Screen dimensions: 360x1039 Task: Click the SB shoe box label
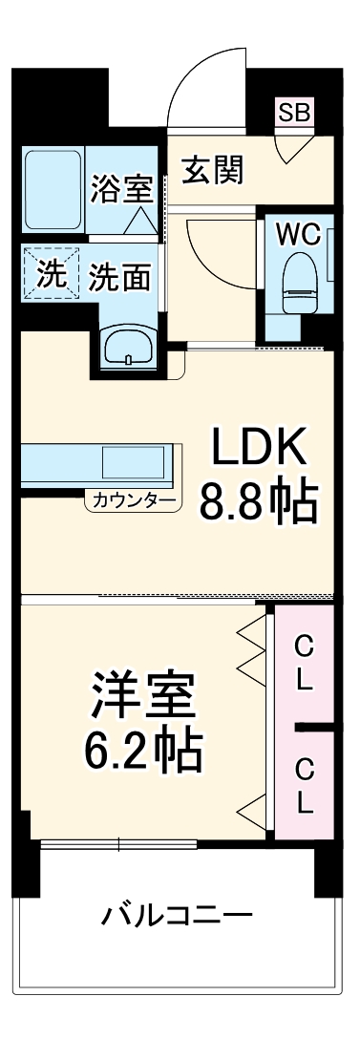pos(294,111)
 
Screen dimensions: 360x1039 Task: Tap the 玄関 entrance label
pos(212,171)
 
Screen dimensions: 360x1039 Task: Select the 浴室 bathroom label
pos(121,188)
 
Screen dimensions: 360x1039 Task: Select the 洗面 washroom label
pos(119,277)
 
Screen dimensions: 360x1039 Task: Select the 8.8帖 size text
pos(257,500)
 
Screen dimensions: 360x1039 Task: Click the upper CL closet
pos(303,665)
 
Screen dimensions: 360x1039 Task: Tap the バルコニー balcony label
pos(178,918)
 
